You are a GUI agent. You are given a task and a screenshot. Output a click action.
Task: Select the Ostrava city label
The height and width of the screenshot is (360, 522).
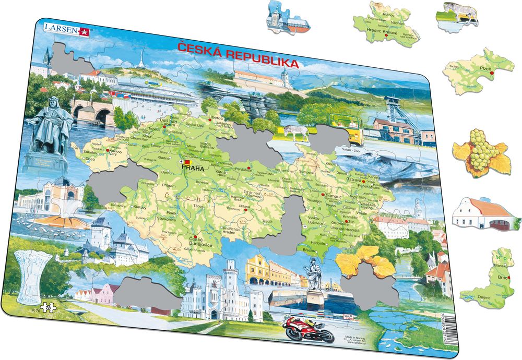(x=355, y=179)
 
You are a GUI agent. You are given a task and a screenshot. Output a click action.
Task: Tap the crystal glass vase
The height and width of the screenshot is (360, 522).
(x=33, y=277)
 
